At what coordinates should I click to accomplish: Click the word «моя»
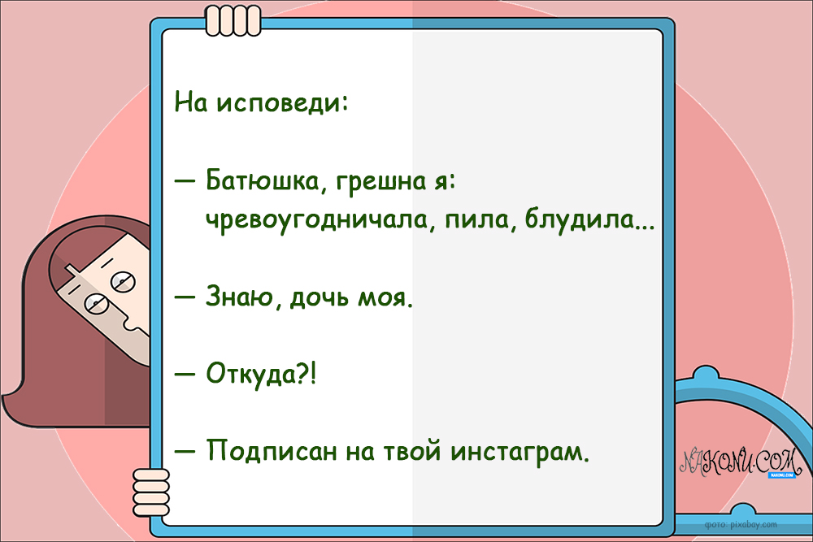click(x=382, y=298)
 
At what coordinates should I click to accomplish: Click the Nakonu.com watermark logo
click(x=740, y=463)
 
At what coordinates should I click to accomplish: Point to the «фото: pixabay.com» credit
click(x=741, y=525)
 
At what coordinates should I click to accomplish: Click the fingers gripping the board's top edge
click(x=225, y=20)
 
